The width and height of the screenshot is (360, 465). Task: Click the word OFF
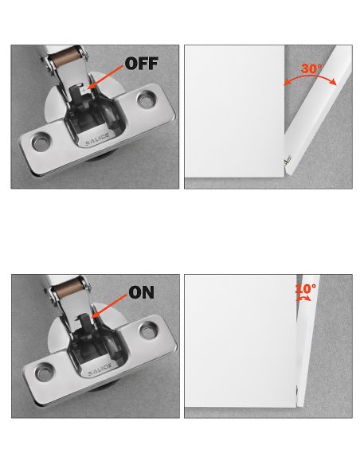142,63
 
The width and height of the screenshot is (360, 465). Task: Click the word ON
142,292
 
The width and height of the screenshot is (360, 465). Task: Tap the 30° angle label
311,68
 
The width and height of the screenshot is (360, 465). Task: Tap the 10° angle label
306,288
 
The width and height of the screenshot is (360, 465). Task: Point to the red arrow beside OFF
105,77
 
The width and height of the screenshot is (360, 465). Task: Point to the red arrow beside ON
110,306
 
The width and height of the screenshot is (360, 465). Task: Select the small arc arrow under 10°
303,299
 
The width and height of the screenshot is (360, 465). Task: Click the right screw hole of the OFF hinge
146,100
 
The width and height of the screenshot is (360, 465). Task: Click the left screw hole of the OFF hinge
41,143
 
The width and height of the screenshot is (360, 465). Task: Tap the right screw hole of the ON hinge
148,330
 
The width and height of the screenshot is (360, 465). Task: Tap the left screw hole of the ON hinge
45,372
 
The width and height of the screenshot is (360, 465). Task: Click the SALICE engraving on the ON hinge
100,369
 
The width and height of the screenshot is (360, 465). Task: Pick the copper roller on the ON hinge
69,287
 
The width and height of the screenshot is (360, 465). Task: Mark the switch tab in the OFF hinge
84,89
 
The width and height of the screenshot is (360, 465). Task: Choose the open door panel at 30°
317,111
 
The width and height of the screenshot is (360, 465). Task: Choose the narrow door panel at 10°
307,341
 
